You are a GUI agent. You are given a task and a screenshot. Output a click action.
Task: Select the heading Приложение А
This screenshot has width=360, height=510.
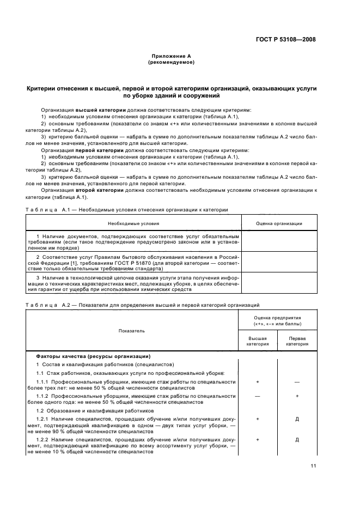coord(171,56)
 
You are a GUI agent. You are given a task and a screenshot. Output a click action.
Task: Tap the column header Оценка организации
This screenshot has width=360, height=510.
coord(279,223)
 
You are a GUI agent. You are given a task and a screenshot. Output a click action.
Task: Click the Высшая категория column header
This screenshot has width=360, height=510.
coord(257,341)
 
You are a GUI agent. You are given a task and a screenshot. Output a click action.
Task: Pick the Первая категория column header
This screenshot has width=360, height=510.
coord(297,341)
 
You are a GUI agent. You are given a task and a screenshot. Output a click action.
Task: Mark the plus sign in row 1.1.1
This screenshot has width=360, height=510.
coord(257,382)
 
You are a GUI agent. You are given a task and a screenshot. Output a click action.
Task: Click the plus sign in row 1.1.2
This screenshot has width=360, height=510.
coord(297,396)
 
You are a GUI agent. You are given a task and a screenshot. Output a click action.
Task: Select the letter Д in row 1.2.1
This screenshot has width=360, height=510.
coord(297,420)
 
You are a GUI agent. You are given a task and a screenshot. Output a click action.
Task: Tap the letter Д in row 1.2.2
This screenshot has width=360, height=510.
coord(297,439)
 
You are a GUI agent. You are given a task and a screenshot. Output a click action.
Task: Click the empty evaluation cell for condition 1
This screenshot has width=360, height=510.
coord(279,242)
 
